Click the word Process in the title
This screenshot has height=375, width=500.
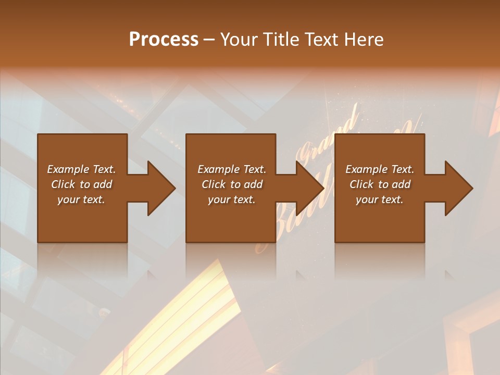[164, 40]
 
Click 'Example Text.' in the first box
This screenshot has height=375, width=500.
[81, 169]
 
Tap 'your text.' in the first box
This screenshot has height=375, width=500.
[81, 199]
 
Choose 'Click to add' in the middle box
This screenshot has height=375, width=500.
[232, 184]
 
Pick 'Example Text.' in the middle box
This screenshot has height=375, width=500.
[232, 169]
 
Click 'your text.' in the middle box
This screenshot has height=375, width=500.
[232, 199]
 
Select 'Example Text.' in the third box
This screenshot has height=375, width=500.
[380, 169]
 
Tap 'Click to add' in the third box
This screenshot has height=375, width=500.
[380, 184]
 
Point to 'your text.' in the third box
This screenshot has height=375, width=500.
[380, 199]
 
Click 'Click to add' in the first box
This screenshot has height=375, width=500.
[81, 184]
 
